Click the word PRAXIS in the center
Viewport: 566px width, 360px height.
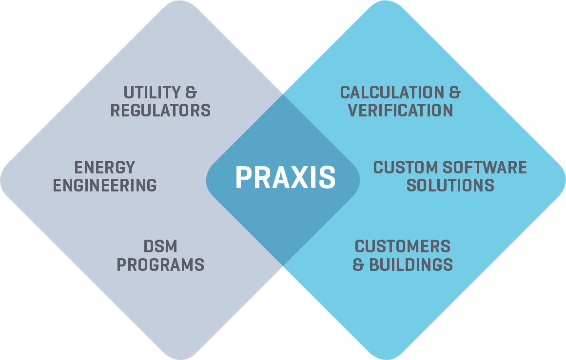coord(285,177)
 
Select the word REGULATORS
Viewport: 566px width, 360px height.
coord(160,111)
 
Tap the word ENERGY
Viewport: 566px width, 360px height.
coord(104,168)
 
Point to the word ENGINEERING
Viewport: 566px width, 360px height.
coord(105,186)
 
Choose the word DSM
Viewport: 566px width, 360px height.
coord(160,246)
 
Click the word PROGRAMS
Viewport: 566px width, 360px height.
coord(160,265)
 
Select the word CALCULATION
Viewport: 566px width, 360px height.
coord(390,93)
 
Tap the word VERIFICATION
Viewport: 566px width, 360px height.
coord(408,111)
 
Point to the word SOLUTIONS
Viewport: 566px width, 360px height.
coord(450,186)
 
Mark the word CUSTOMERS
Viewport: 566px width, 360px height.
coord(403,246)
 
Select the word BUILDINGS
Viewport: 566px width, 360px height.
coord(411,265)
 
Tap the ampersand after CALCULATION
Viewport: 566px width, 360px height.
coord(453,93)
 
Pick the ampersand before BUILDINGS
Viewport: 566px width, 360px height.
coord(358,265)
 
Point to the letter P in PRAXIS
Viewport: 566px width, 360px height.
coord(244,177)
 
